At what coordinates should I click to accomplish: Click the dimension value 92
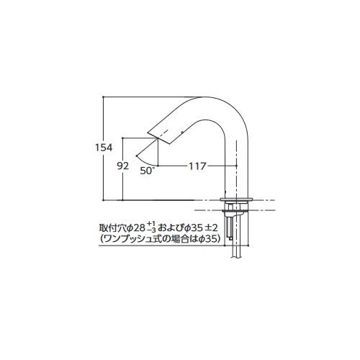[123, 166]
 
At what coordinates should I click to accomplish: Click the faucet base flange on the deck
[238, 199]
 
